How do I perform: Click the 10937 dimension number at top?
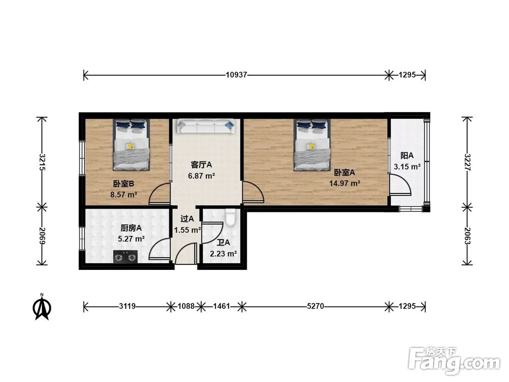pos(236,75)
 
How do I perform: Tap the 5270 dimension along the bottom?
pos(315,306)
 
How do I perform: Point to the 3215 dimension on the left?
pos(42,162)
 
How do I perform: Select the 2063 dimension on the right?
pos(467,236)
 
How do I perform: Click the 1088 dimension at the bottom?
pos(186,306)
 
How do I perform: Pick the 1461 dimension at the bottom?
pos(221,306)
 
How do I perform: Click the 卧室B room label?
pos(124,184)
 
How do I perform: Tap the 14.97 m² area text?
pos(345,183)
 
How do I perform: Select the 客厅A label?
pos(201,165)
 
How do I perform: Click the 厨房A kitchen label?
pos(131,228)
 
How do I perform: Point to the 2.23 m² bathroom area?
pos(223,254)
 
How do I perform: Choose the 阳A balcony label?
pos(407,155)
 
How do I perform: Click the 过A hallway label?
pos(187,219)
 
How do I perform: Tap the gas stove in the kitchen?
pos(125,257)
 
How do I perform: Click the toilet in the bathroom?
pos(231,217)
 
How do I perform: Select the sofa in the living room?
pos(205,126)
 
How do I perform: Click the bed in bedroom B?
pos(131,145)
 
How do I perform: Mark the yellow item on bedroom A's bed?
pos(311,146)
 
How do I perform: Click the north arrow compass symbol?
pos(42,307)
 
